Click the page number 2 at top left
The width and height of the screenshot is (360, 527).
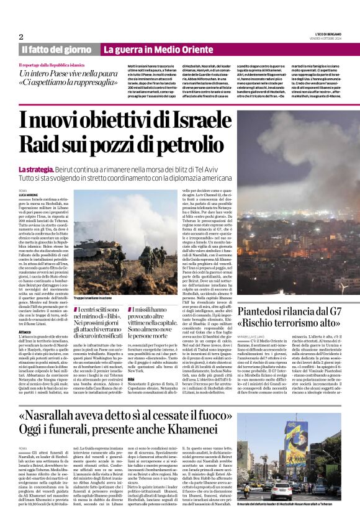(21, 37)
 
